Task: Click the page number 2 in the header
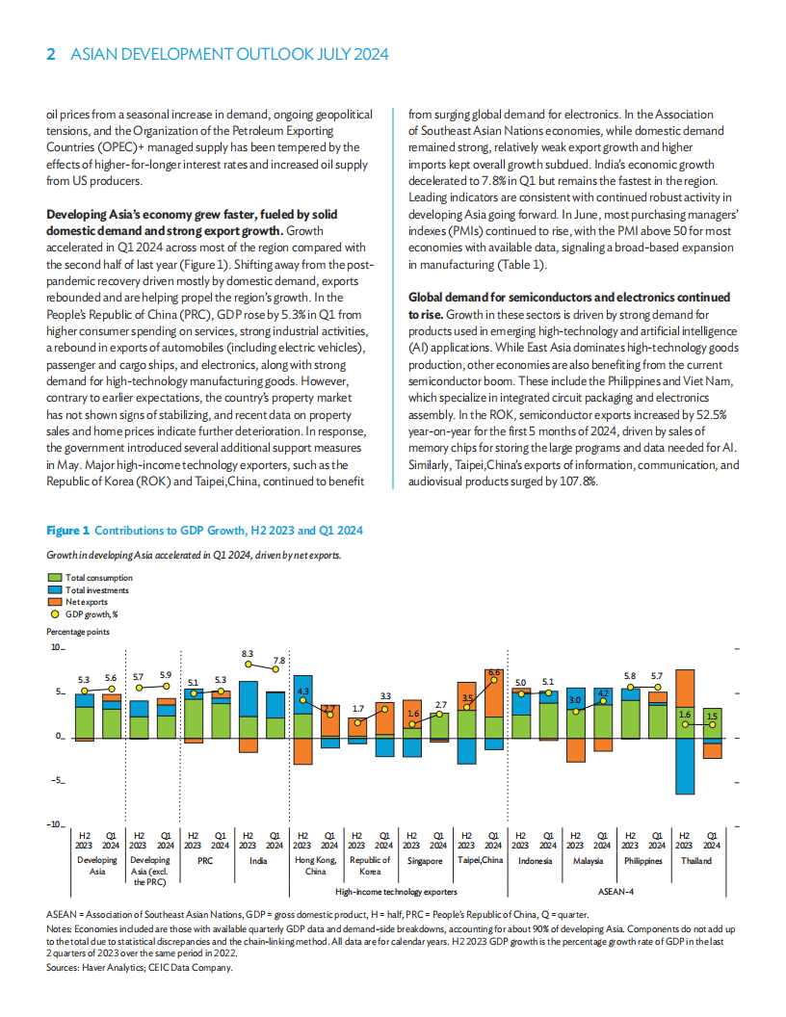[x=51, y=55]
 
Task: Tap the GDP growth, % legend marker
[x=55, y=613]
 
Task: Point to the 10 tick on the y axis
[x=56, y=648]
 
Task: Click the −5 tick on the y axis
[x=56, y=780]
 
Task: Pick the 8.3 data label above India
[x=248, y=654]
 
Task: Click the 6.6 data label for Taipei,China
[x=494, y=672]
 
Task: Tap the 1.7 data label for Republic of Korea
[x=357, y=708]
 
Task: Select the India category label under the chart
[x=258, y=861]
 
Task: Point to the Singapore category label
[x=424, y=861]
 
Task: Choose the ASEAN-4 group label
[x=616, y=892]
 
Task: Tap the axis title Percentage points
[x=77, y=632]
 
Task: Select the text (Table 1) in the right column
[x=520, y=264]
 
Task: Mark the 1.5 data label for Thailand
[x=711, y=715]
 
